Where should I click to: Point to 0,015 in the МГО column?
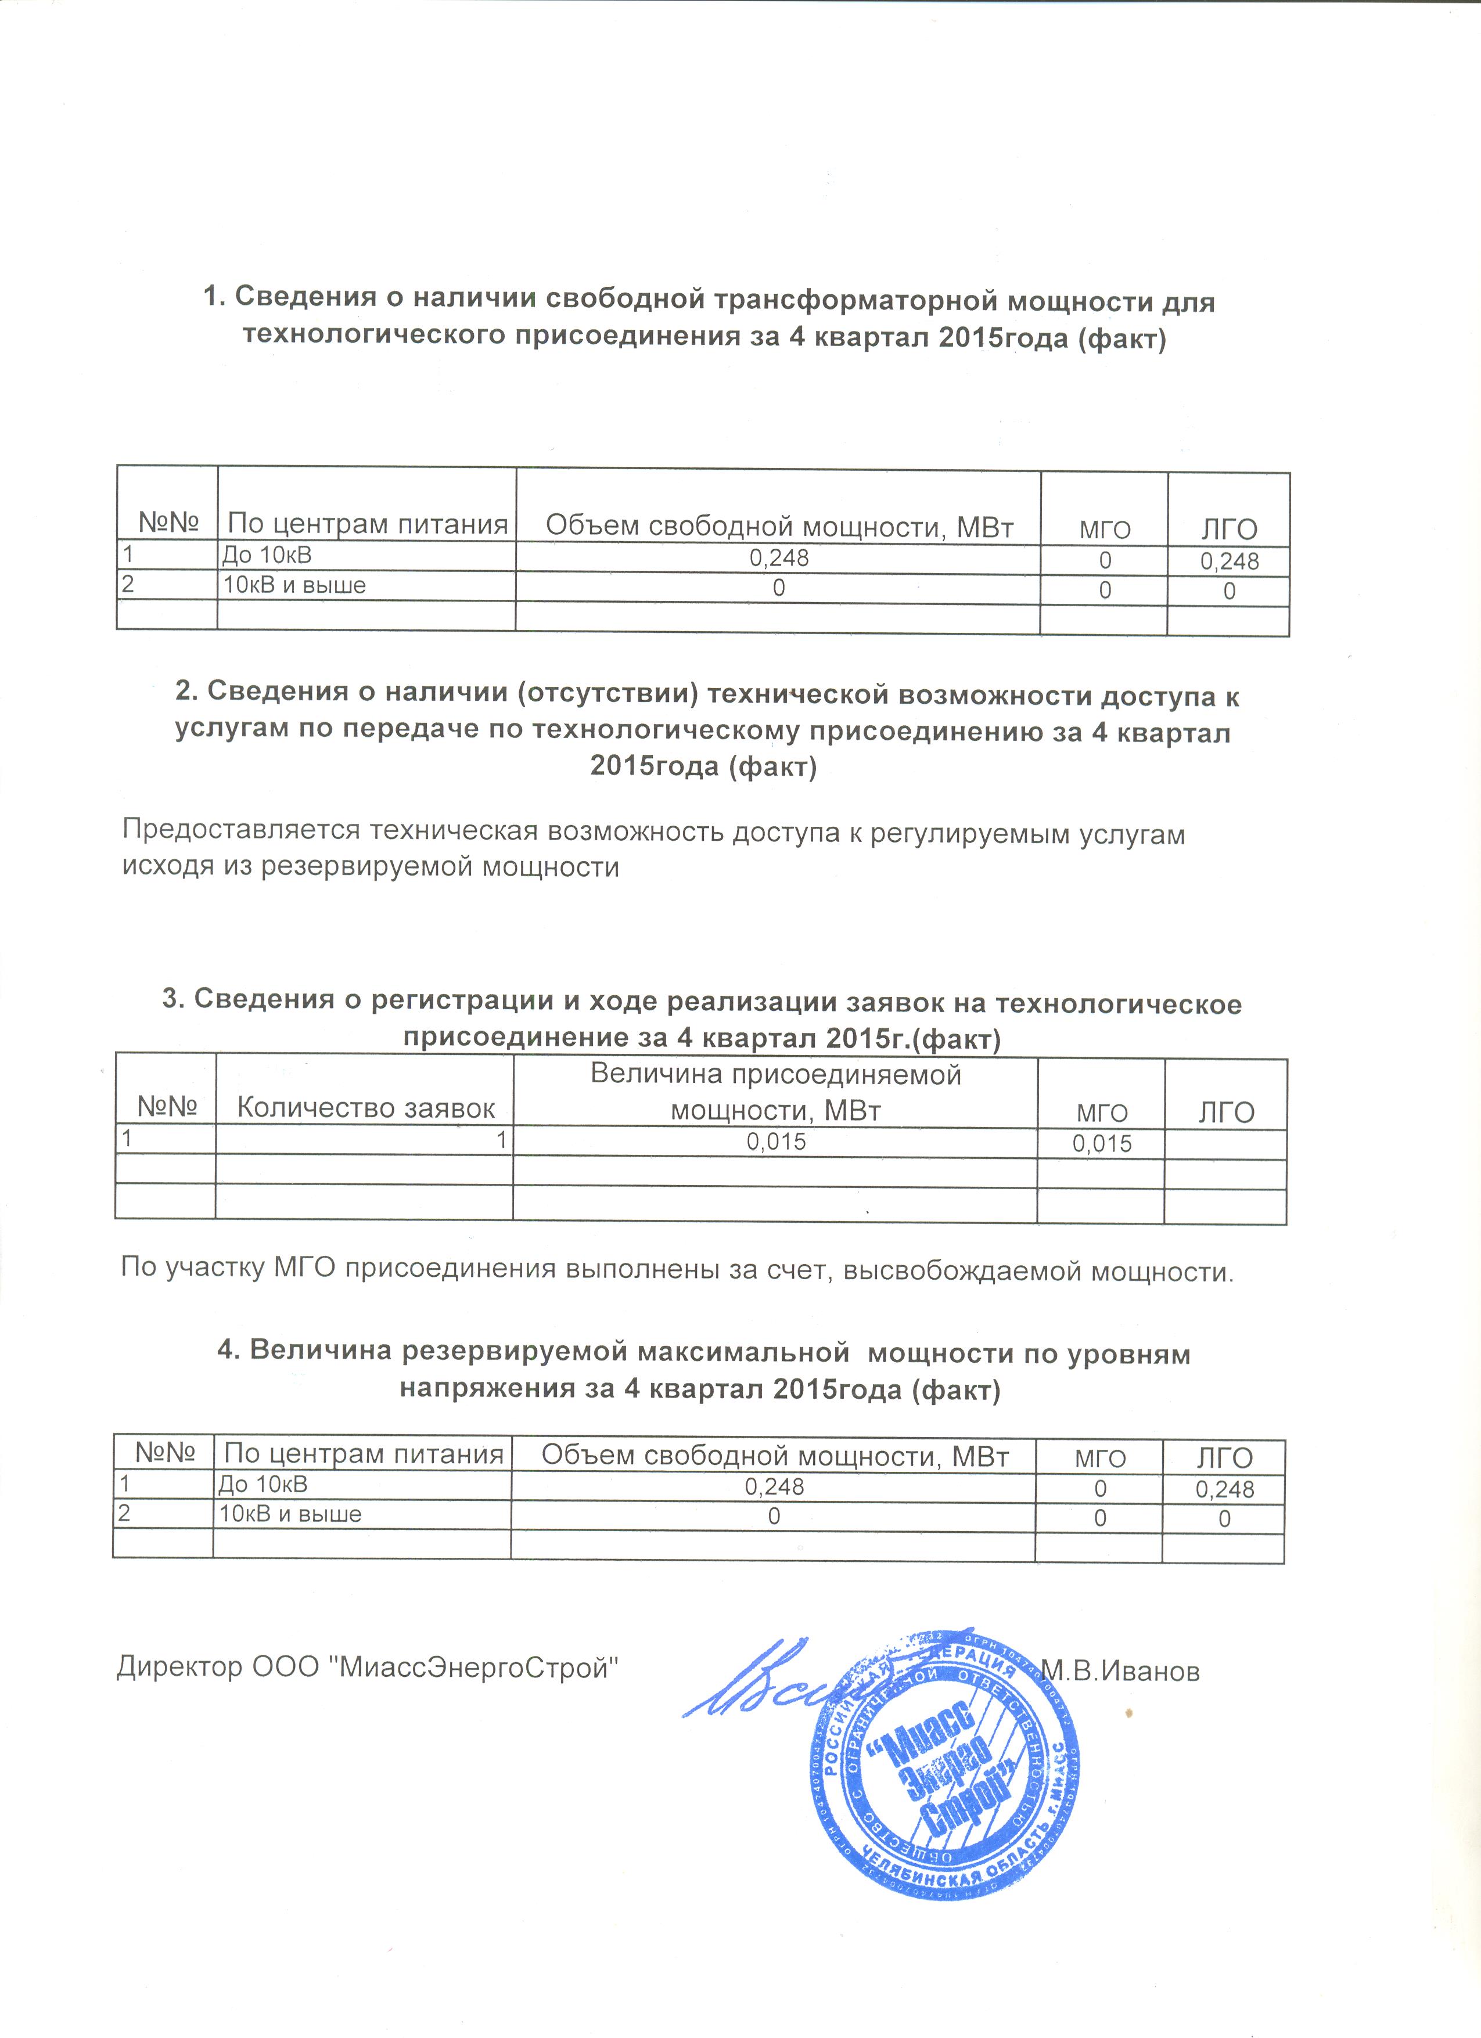click(1102, 1144)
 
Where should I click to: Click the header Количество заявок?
click(366, 1108)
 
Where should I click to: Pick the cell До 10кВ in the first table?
click(267, 554)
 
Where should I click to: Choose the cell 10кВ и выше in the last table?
click(291, 1514)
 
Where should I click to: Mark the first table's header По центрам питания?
click(368, 523)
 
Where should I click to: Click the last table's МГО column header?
click(1100, 1457)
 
